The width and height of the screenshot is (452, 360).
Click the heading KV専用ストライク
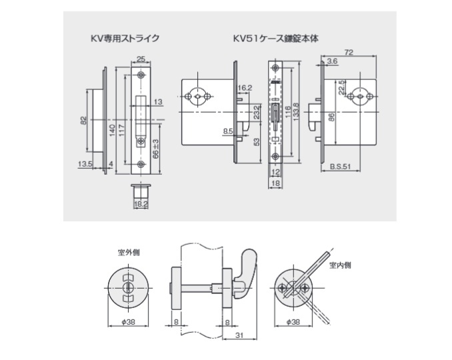[125, 39]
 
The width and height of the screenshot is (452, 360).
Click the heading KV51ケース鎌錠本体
[275, 39]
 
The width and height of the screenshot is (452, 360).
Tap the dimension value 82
[83, 120]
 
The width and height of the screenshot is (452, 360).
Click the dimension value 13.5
[84, 163]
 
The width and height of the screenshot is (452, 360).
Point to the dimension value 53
[255, 141]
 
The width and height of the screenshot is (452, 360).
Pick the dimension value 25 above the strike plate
[141, 57]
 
